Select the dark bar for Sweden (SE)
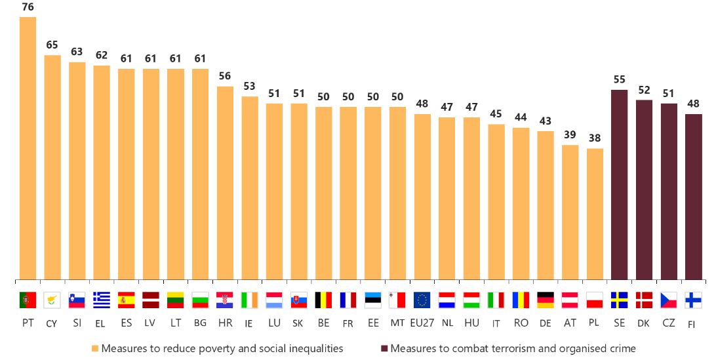[620, 185]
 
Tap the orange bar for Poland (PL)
[595, 214]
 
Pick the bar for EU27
[422, 197]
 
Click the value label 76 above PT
[28, 7]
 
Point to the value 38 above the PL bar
[595, 138]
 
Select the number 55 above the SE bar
[620, 79]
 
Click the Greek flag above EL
[102, 300]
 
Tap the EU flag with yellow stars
[422, 300]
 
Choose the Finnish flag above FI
[693, 300]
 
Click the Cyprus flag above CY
[52, 300]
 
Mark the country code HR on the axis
[224, 323]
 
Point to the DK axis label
[644, 323]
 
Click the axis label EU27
[422, 323]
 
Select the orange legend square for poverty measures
[95, 348]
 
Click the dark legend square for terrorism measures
[384, 348]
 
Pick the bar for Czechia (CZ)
[669, 191]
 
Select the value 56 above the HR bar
[224, 76]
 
